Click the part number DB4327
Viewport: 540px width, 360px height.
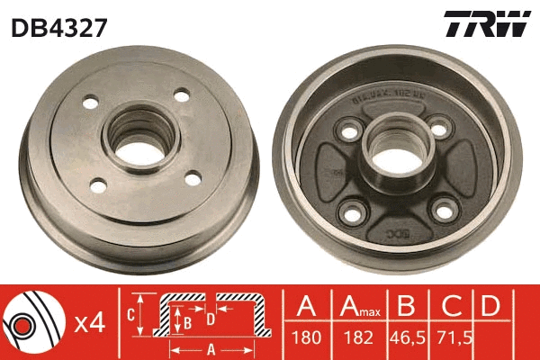tap(59, 26)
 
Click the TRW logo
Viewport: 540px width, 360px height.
tap(487, 24)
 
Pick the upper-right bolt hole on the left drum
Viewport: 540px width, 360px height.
tap(183, 94)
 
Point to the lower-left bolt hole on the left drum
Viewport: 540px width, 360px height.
tap(99, 185)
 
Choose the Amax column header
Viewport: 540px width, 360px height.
tap(358, 308)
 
